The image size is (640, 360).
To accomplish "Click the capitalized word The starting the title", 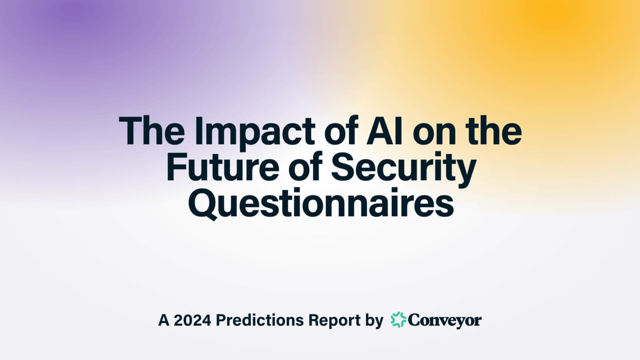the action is [152, 130].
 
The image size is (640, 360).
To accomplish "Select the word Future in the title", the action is [223, 166].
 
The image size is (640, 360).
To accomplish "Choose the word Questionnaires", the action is [321, 204].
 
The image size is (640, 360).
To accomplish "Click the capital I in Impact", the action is [198, 131].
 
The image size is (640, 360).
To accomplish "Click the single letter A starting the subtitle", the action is [163, 320].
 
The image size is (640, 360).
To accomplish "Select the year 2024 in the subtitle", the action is [192, 320].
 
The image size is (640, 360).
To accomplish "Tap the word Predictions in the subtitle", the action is [260, 320].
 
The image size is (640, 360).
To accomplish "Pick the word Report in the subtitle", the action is [334, 321].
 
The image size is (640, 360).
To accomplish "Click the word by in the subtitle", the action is [374, 321].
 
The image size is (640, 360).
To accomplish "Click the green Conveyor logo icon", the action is [399, 319].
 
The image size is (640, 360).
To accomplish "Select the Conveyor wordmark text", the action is [445, 321].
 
